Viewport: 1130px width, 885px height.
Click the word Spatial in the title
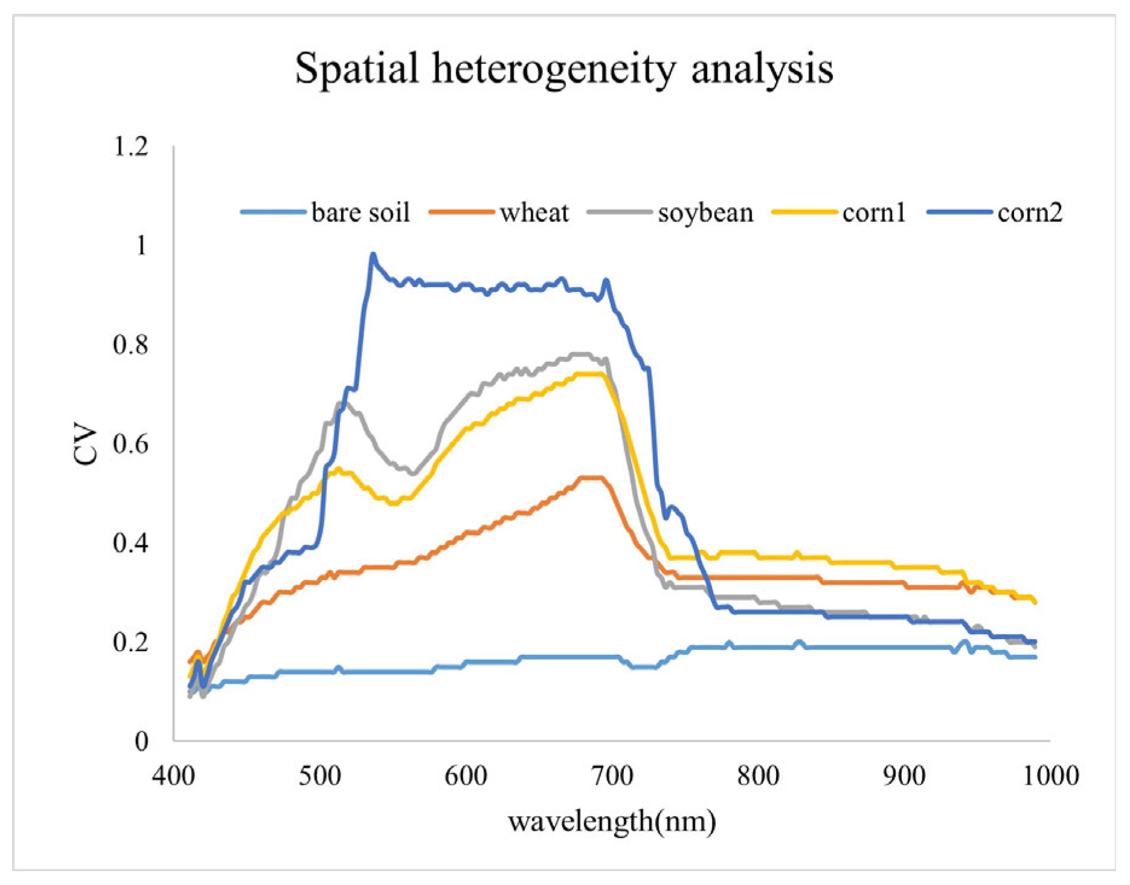point(356,68)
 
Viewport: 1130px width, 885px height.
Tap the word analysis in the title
point(762,68)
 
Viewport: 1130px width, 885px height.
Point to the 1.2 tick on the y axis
point(130,147)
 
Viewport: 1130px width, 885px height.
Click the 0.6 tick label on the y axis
point(130,444)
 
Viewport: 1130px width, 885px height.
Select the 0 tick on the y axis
point(141,741)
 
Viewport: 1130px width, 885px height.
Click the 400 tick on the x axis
point(173,776)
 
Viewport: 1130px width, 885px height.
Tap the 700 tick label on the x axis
point(612,776)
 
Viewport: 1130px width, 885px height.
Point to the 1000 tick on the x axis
point(1051,776)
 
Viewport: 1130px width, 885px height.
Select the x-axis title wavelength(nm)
point(612,822)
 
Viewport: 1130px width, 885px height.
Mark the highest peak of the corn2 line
point(373,256)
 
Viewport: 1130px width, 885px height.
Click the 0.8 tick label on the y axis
point(130,345)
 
